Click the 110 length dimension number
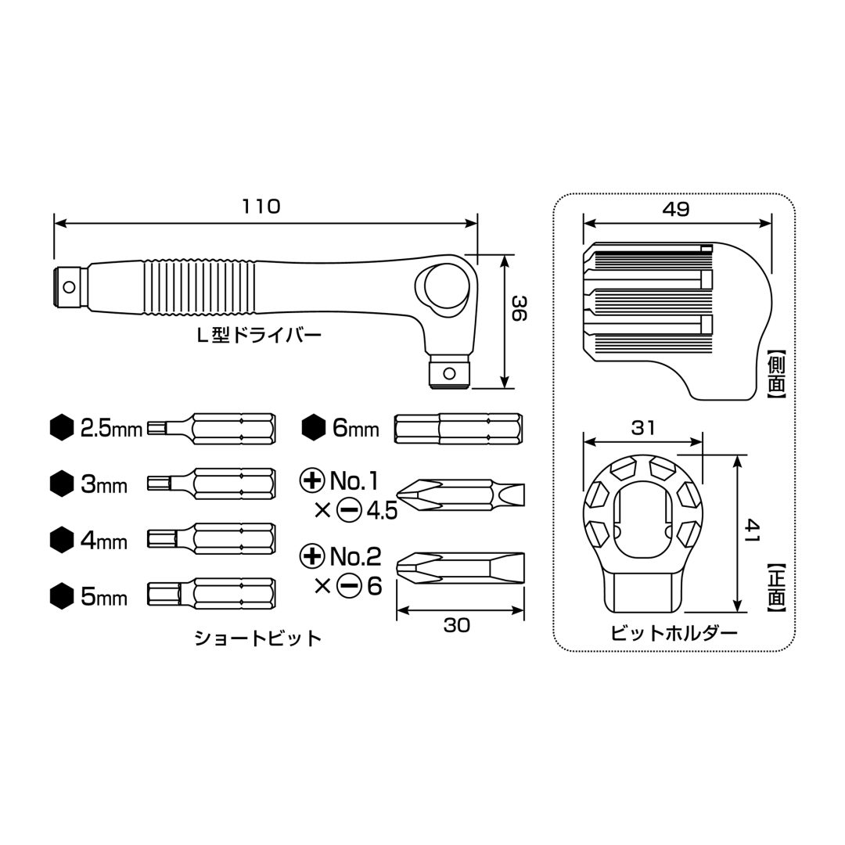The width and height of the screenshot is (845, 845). click(261, 207)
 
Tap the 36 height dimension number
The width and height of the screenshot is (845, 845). click(518, 308)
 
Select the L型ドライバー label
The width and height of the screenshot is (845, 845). click(259, 336)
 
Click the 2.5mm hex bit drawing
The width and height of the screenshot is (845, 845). click(212, 429)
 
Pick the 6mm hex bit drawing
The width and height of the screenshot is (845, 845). click(458, 429)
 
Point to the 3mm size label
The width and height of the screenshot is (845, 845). click(104, 485)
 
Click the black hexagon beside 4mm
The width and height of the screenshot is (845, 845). click(62, 540)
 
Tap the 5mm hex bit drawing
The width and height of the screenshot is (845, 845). click(212, 594)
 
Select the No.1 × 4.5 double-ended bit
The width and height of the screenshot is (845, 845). click(460, 494)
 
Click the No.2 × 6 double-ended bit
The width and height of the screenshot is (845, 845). click(460, 568)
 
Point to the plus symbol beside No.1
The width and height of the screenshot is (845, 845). click(312, 480)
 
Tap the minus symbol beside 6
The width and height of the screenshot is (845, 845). click(349, 586)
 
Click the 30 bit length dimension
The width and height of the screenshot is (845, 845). click(456, 625)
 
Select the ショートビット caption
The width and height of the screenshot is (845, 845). click(258, 638)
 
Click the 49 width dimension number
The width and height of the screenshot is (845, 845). click(676, 209)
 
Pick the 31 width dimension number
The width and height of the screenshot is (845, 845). click(643, 428)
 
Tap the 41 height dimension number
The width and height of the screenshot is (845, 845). click(753, 530)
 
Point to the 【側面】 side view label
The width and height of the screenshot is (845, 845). click(777, 373)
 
